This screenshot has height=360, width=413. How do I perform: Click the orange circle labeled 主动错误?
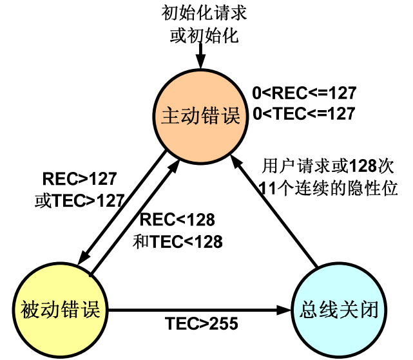200,116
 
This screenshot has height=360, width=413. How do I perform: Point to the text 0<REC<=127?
304,92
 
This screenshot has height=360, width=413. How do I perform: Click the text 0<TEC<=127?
304,114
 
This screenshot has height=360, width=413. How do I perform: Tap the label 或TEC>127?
79,200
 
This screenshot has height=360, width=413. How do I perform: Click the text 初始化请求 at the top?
204,14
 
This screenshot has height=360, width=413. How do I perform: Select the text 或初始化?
204,36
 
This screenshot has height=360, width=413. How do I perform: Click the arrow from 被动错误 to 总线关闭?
193,310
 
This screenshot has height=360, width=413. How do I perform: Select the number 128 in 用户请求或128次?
362,166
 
